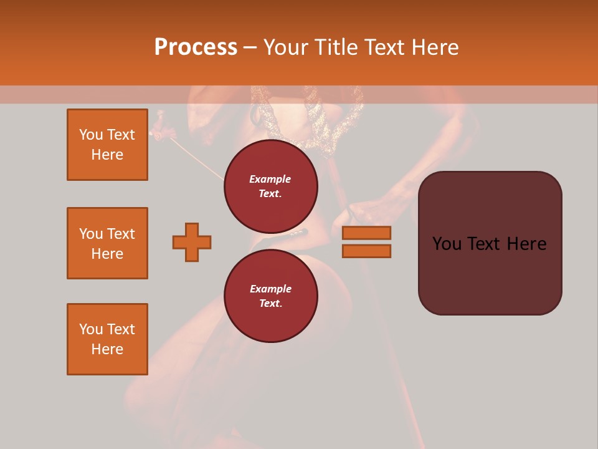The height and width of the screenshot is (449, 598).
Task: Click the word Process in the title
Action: (196, 47)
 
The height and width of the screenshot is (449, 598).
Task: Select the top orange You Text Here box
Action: (107, 145)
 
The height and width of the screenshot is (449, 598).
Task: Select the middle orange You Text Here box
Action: (107, 243)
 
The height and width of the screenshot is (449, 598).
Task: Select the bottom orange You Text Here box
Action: (107, 339)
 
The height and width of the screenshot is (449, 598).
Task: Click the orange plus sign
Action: (192, 242)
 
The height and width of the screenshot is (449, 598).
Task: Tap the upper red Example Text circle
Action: (271, 186)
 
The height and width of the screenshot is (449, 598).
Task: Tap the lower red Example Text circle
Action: (271, 296)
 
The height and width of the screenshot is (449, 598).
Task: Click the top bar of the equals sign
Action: (366, 233)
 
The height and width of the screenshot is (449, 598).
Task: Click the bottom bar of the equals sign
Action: (366, 251)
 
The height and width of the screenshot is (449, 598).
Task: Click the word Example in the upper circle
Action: (270, 179)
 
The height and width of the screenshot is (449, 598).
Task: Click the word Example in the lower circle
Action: (270, 289)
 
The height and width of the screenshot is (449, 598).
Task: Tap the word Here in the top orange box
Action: (107, 155)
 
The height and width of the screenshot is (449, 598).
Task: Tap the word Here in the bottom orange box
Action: (107, 349)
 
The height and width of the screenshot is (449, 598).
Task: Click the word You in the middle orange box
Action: (90, 234)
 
